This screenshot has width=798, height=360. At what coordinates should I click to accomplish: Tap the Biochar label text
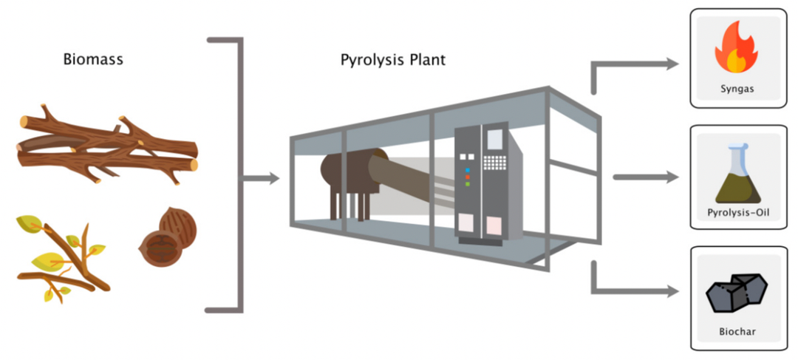736,331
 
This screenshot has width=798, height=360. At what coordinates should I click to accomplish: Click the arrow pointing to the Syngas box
635,66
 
